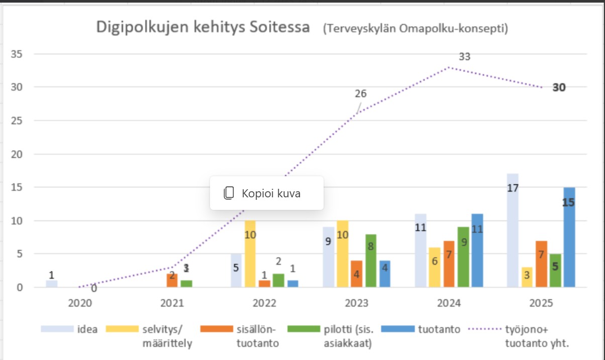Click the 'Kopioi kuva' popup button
click(266, 193)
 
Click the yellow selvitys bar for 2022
click(250, 254)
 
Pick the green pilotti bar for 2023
click(371, 261)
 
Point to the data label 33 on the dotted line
click(465, 57)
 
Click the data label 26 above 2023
click(361, 93)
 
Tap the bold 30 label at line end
click(559, 87)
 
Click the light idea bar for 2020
click(52, 284)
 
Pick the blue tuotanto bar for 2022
click(293, 284)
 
